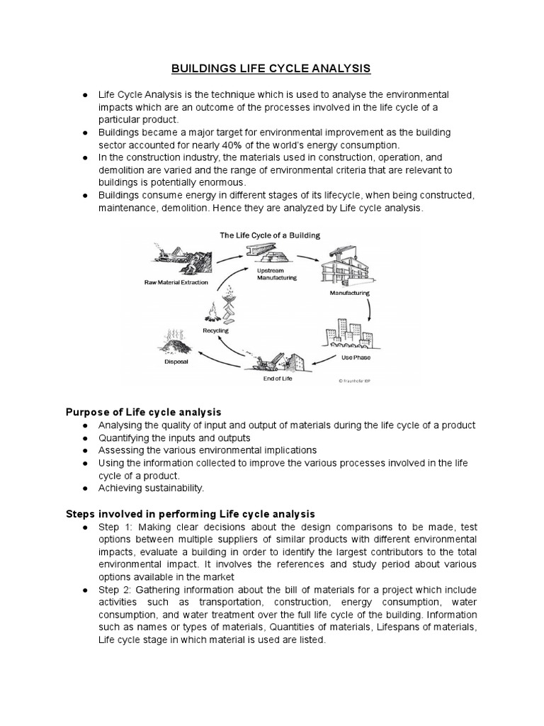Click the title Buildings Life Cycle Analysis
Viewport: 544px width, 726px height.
(x=271, y=69)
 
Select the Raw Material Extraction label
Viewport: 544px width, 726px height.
(x=177, y=281)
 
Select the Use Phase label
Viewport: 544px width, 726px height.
(x=356, y=357)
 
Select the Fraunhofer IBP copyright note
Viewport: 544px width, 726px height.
(x=360, y=380)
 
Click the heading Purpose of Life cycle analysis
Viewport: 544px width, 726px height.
(x=144, y=412)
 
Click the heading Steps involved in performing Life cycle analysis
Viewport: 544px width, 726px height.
(x=190, y=513)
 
